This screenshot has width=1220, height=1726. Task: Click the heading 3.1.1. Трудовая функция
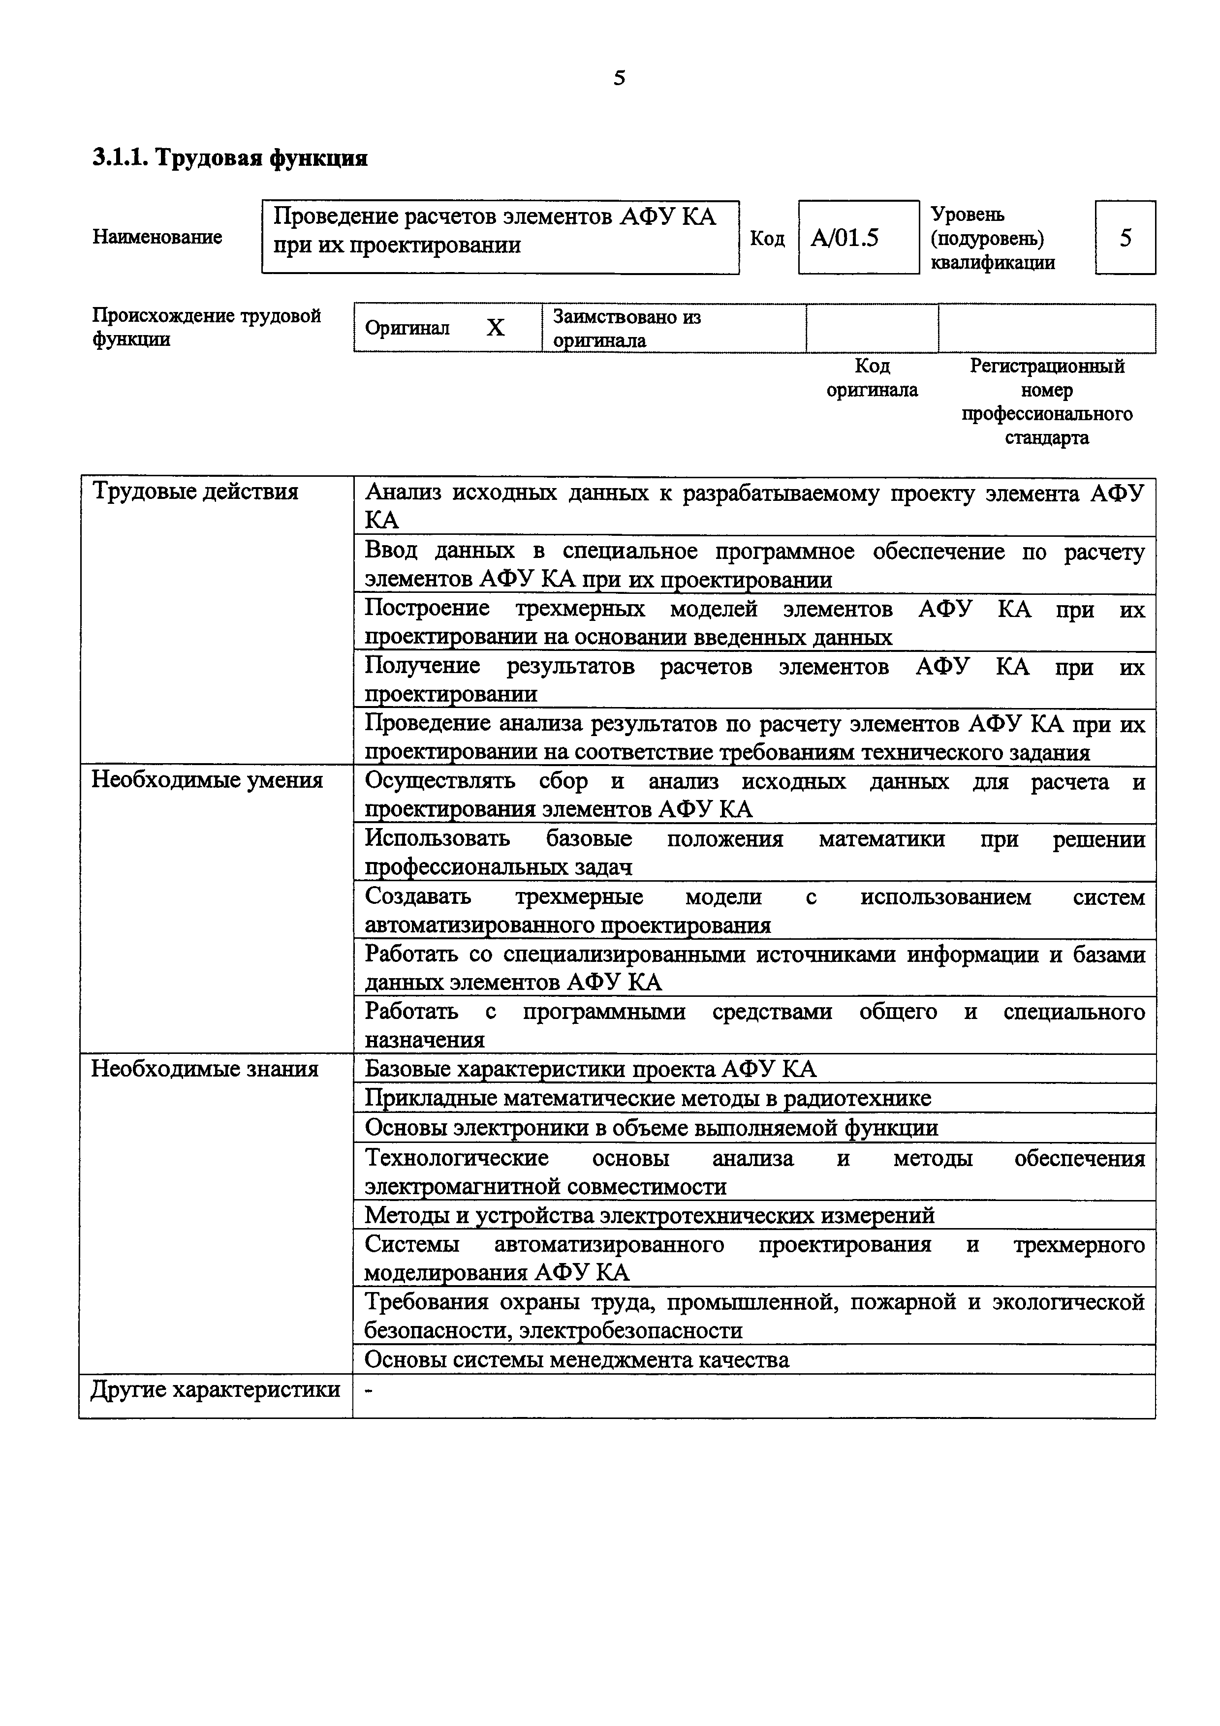(x=230, y=158)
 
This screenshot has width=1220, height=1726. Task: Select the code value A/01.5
(x=845, y=238)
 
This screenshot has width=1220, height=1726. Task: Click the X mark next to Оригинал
(x=496, y=328)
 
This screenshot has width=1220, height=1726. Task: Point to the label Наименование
(x=157, y=237)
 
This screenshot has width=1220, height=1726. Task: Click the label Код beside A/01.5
(x=767, y=238)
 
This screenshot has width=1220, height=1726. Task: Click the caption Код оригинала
(x=872, y=378)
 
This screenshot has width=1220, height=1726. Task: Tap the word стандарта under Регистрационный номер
(x=1046, y=437)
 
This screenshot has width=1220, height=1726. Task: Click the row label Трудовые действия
(x=195, y=492)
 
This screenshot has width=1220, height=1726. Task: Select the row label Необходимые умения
(x=207, y=780)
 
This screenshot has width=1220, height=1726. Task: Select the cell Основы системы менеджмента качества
(x=577, y=1360)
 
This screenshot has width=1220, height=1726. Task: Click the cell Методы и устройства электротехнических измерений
(x=650, y=1215)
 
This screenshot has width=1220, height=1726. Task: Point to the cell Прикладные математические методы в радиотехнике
(x=647, y=1098)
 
